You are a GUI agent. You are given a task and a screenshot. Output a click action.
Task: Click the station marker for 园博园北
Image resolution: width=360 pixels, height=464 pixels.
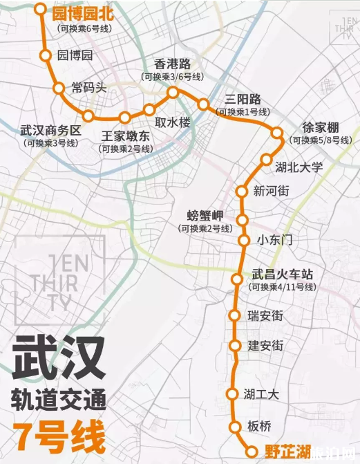[x=41, y=10]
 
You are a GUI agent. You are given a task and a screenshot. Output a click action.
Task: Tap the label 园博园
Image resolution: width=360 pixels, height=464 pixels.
[x=75, y=55]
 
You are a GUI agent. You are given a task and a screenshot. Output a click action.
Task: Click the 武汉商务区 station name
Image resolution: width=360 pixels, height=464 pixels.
[x=50, y=131]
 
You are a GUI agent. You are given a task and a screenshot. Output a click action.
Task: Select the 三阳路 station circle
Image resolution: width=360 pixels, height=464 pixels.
[x=203, y=104]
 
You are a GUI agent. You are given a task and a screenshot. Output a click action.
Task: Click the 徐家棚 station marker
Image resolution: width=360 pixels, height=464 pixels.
[x=277, y=133]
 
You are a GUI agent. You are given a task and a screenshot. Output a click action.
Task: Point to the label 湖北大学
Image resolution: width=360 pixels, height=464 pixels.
[x=299, y=167]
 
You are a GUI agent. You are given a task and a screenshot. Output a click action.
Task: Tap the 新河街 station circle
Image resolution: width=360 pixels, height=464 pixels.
[x=242, y=191]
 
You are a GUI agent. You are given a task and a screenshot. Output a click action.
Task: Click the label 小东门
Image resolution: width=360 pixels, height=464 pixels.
[x=275, y=240]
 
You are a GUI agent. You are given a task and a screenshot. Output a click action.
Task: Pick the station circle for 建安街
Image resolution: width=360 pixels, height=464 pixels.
[x=235, y=345]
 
